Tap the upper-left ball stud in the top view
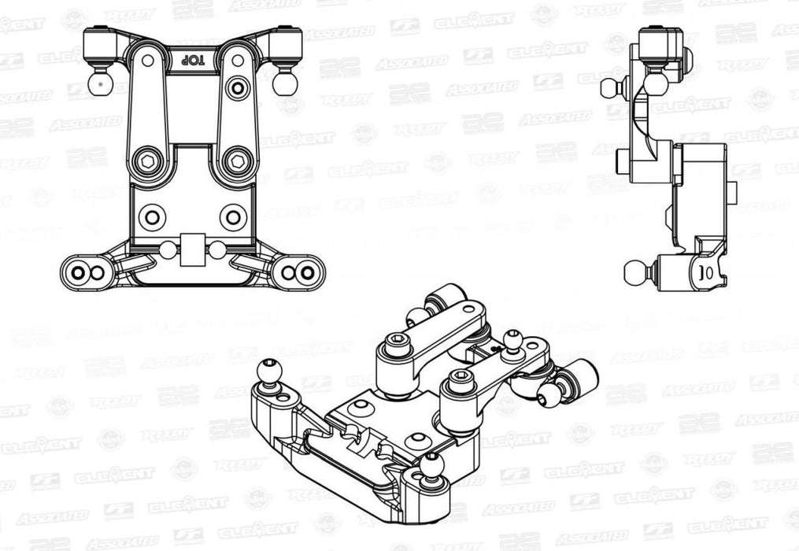pos(98,81)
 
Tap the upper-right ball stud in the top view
pos(283,81)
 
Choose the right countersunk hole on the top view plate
pos(232,216)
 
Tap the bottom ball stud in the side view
pos(634,272)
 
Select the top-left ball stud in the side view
pos(612,87)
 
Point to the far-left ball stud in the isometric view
pos(269,369)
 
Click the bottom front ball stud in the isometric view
pos(430,464)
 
